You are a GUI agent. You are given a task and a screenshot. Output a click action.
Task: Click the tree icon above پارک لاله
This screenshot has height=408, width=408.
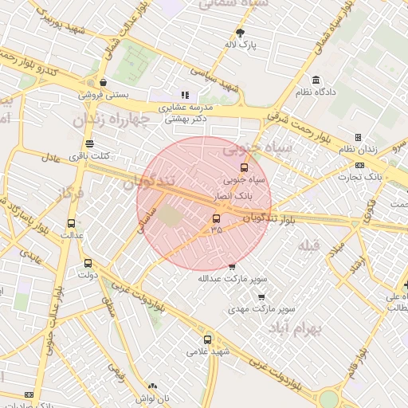point(241,33)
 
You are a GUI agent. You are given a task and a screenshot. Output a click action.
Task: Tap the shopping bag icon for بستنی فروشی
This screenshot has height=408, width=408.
point(103,81)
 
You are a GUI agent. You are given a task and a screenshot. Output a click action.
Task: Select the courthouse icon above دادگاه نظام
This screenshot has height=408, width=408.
point(316,80)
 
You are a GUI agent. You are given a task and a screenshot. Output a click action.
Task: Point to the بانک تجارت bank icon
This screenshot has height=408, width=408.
point(360,165)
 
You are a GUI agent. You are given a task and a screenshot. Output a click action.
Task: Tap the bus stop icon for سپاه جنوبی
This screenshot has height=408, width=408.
point(244,167)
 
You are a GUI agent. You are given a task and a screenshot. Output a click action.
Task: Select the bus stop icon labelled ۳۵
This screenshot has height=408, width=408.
point(216,218)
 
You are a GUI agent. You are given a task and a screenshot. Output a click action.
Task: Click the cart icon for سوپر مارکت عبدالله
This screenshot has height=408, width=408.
point(232,267)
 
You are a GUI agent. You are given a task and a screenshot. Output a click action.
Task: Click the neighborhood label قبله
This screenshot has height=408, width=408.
point(307,246)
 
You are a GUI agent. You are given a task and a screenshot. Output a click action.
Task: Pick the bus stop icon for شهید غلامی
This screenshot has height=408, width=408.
point(208,339)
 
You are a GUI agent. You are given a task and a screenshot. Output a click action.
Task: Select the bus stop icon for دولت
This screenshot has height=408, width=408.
point(88,263)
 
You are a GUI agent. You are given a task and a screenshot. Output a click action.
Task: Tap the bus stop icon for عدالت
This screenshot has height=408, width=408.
point(72,224)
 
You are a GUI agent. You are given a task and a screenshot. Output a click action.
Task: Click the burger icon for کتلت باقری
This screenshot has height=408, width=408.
point(89,144)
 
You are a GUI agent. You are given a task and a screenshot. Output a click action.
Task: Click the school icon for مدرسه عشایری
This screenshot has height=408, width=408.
point(185,96)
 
